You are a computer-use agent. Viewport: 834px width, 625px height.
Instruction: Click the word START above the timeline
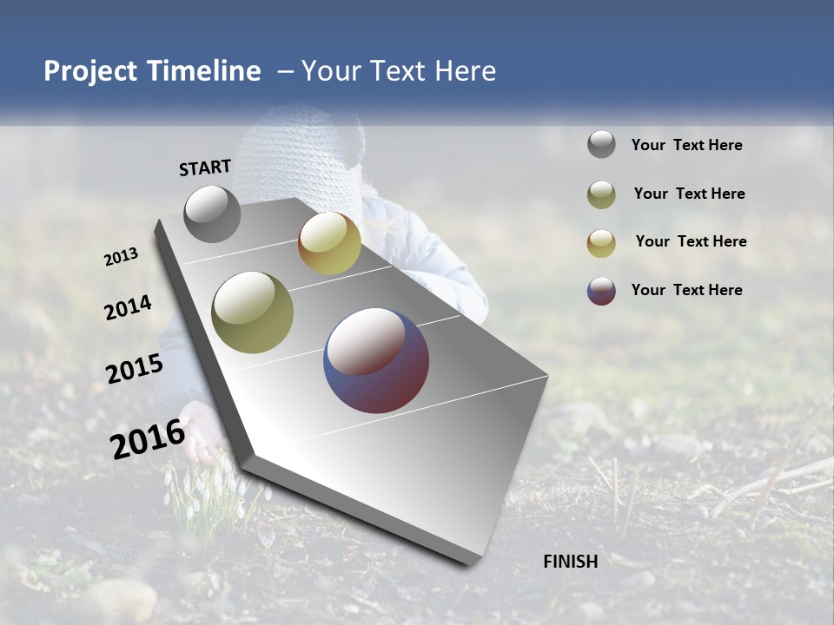pos(205,168)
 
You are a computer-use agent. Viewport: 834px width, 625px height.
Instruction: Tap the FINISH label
pos(571,562)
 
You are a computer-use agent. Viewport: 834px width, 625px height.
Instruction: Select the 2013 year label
pos(122,257)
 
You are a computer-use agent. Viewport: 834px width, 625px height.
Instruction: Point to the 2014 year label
pos(129,308)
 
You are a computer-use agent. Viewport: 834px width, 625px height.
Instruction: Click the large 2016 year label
pos(148,438)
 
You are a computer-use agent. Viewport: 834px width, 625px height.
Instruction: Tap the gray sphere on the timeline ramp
pos(212,214)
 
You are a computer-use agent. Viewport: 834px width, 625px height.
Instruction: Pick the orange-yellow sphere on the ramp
pos(329,243)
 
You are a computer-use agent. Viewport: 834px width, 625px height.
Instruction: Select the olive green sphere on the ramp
pos(252,312)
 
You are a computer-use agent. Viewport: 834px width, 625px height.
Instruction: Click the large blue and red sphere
pos(376,360)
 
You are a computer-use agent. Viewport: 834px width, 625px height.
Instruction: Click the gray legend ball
pos(601,145)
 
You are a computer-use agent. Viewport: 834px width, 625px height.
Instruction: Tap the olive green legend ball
pos(601,194)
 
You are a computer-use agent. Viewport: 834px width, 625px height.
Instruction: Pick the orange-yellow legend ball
pos(601,242)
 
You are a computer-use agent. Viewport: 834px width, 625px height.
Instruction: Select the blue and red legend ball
pos(601,291)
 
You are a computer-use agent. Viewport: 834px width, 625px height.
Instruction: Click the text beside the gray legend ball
pos(686,146)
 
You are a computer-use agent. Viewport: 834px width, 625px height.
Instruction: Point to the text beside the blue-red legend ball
pos(686,290)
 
